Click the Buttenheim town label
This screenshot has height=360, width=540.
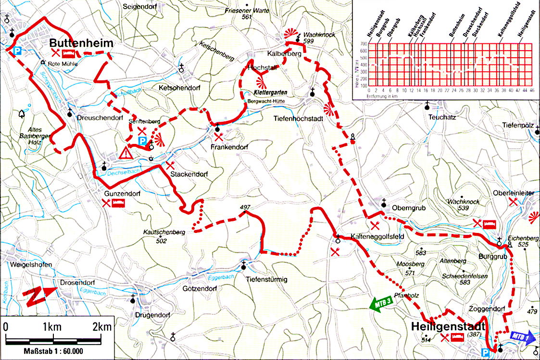point(81,43)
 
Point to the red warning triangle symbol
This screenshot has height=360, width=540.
point(126,154)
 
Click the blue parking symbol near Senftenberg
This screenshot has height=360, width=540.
point(143,140)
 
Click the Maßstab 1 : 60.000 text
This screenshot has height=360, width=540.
point(53,351)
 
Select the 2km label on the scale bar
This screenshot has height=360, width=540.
point(102,327)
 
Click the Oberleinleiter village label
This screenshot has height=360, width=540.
point(514,193)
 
